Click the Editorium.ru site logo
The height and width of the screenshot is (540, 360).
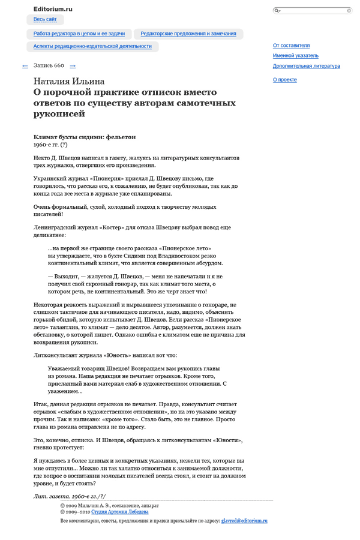tap(53, 9)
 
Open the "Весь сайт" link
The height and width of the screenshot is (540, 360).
tap(45, 20)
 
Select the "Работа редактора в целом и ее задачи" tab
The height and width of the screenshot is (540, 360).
tap(79, 34)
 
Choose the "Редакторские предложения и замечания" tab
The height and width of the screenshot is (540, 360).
tap(188, 34)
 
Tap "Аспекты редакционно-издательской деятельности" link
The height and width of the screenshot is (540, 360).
tap(92, 46)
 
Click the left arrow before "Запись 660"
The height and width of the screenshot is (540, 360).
tap(25, 66)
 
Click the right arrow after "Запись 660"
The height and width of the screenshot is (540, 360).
tap(73, 66)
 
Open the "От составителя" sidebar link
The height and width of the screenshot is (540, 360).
tap(291, 46)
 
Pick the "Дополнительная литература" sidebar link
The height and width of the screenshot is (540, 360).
tap(306, 66)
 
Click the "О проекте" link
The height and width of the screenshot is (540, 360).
tap(284, 80)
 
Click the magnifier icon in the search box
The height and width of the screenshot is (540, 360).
tap(277, 11)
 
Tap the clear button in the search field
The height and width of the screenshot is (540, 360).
tap(349, 11)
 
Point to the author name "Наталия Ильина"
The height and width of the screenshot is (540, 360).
tap(69, 82)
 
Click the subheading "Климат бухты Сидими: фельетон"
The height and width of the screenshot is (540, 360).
tap(85, 137)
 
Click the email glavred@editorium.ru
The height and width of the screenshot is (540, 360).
tap(244, 521)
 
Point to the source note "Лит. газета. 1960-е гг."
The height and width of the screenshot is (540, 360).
tap(70, 497)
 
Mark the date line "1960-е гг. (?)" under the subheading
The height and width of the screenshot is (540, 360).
tap(51, 145)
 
